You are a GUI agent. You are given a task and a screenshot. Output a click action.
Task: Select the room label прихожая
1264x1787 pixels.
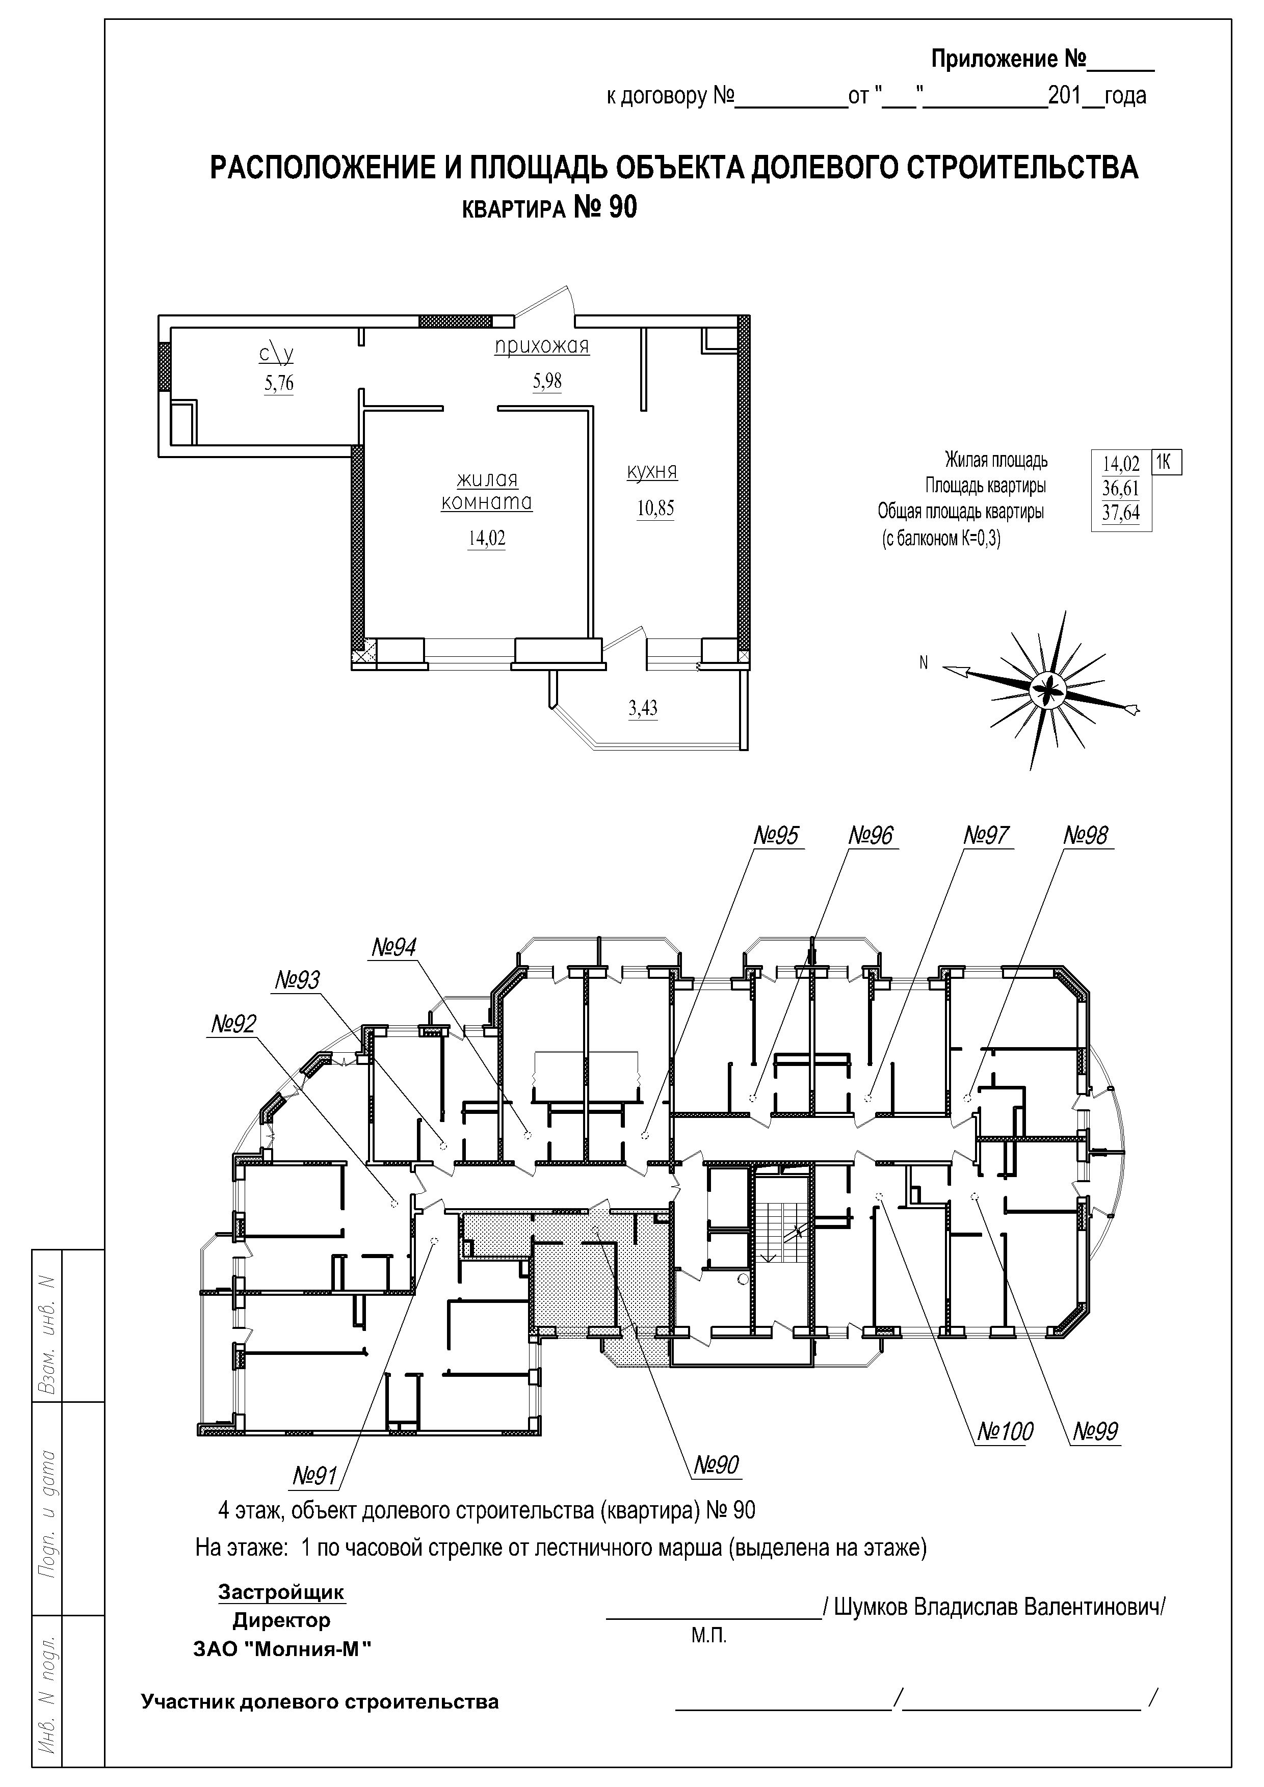tap(542, 347)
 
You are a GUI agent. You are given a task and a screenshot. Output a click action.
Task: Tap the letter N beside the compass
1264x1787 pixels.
tap(924, 663)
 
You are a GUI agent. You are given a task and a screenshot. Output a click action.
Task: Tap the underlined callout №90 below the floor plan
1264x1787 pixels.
tap(716, 1465)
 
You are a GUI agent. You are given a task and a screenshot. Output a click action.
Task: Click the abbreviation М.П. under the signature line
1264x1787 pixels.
tap(708, 1635)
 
